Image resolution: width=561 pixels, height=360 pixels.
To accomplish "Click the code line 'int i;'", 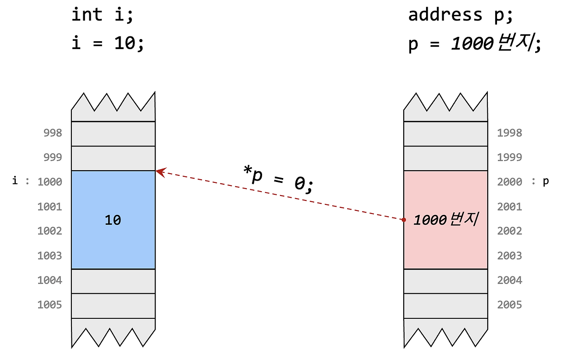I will (102, 15).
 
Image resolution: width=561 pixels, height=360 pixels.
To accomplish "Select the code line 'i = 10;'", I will (107, 44).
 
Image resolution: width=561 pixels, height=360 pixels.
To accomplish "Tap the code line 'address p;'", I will (460, 15).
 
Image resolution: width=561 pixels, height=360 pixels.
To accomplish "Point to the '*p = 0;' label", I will (278, 178).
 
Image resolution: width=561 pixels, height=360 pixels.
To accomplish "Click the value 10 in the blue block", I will (113, 220).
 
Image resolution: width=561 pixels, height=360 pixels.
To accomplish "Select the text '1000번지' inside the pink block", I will (445, 220).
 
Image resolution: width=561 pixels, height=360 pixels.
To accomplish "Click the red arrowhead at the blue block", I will (160, 172).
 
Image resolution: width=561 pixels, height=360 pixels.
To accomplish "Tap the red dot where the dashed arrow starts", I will (404, 219).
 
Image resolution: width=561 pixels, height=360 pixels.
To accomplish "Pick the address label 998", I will (53, 133).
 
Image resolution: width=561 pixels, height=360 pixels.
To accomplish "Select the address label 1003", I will (50, 256).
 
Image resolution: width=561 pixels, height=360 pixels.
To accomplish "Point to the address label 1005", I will (50, 305).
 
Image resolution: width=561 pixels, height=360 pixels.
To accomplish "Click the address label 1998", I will (509, 133).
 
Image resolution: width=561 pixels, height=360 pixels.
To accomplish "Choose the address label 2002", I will (509, 231).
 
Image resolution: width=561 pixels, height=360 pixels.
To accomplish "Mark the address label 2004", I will (509, 280).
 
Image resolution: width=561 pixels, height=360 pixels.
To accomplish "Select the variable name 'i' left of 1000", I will (15, 181).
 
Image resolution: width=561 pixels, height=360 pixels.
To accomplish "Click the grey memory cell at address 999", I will (113, 158).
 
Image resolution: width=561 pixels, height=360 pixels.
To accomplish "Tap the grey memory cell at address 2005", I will (445, 306).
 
